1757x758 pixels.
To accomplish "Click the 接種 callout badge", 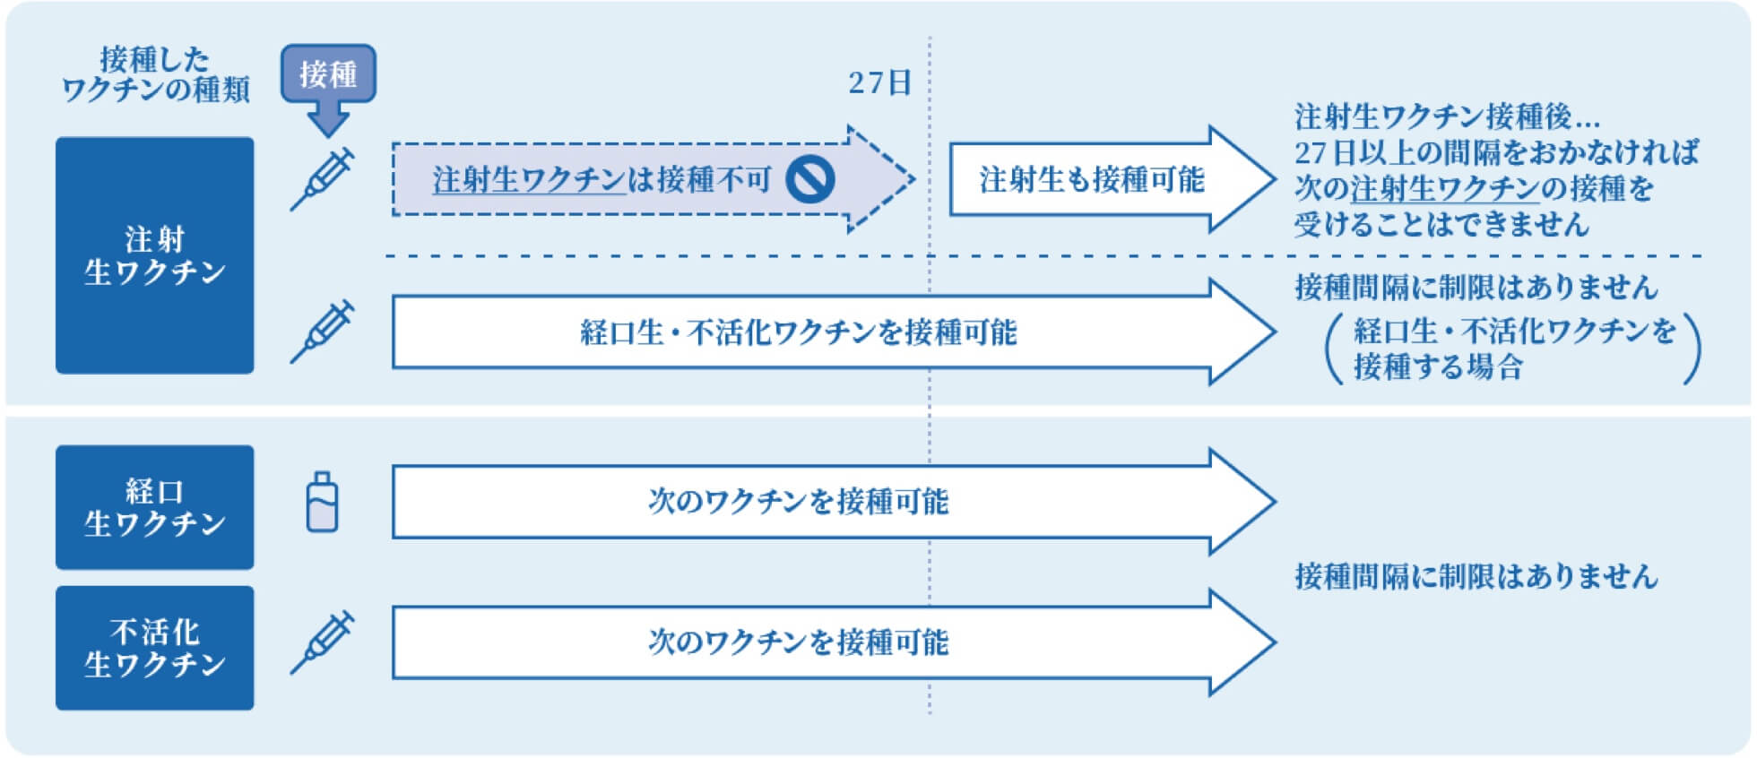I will pyautogui.click(x=328, y=73).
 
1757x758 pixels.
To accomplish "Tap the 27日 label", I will pyautogui.click(x=879, y=83).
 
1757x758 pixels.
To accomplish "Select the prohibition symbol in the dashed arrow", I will pyautogui.click(x=810, y=180).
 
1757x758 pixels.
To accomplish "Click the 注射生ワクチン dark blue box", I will pyautogui.click(x=154, y=255).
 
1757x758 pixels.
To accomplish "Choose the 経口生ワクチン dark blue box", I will pyautogui.click(x=154, y=507).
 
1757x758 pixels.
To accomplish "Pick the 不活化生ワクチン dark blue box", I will pyautogui.click(x=154, y=648).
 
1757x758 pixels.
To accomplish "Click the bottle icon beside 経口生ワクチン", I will pyautogui.click(x=322, y=503).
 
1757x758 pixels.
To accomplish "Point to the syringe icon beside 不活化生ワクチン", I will pyautogui.click(x=322, y=642).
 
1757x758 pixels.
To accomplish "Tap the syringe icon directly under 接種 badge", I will pyautogui.click(x=322, y=180).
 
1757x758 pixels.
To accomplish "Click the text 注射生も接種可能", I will pyautogui.click(x=1091, y=180).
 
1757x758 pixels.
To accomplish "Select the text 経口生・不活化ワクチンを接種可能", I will pyautogui.click(x=798, y=332).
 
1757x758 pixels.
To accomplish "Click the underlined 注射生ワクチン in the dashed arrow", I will pyautogui.click(x=529, y=180).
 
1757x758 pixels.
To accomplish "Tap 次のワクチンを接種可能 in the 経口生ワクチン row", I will pyautogui.click(x=798, y=501).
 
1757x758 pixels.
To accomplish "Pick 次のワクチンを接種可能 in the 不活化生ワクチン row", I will pyautogui.click(x=798, y=642).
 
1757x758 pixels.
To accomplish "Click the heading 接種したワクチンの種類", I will pyautogui.click(x=154, y=74).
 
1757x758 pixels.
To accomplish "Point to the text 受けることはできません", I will pyautogui.click(x=1441, y=224).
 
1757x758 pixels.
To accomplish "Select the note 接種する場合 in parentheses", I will pyautogui.click(x=1438, y=366).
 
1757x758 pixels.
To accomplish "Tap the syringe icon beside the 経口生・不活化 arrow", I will pyautogui.click(x=322, y=332).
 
